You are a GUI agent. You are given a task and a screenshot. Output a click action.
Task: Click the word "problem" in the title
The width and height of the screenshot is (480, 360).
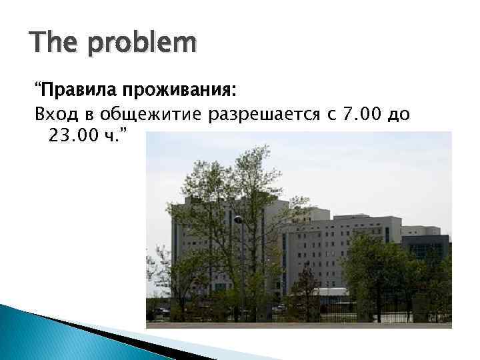click(x=141, y=45)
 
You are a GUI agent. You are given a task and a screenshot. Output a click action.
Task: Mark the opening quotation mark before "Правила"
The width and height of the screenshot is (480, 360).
click(x=38, y=87)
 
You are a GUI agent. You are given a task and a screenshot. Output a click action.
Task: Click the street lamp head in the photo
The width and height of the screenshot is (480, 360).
click(x=237, y=219)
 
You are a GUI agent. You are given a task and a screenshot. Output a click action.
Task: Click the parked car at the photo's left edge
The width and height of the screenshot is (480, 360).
click(x=160, y=311)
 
